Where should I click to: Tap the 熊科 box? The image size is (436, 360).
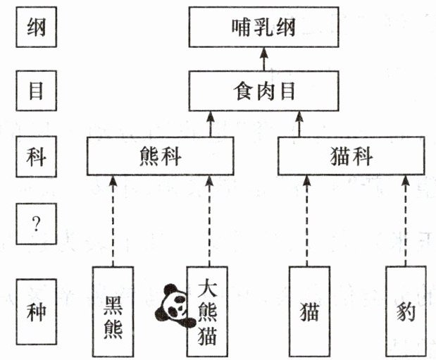(160, 156)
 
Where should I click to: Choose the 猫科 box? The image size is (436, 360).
(351, 156)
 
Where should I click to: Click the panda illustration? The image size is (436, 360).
(174, 305)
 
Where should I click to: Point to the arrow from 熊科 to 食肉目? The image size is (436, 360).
(209, 123)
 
